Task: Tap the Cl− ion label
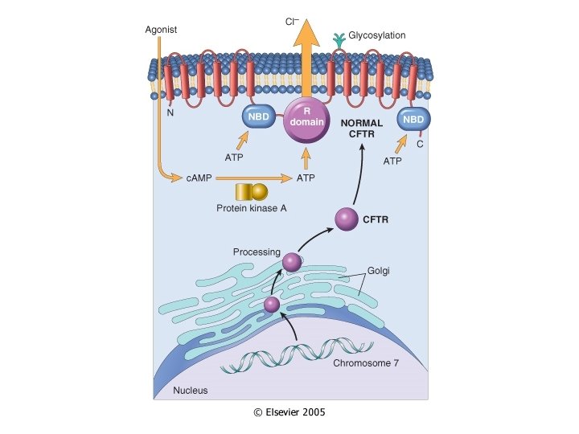click(294, 21)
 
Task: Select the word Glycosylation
click(376, 35)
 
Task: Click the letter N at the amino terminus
click(170, 113)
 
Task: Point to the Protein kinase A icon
click(250, 193)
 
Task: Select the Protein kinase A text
click(251, 209)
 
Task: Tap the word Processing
click(257, 252)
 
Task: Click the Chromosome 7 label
click(366, 362)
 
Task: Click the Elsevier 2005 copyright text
click(289, 411)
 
